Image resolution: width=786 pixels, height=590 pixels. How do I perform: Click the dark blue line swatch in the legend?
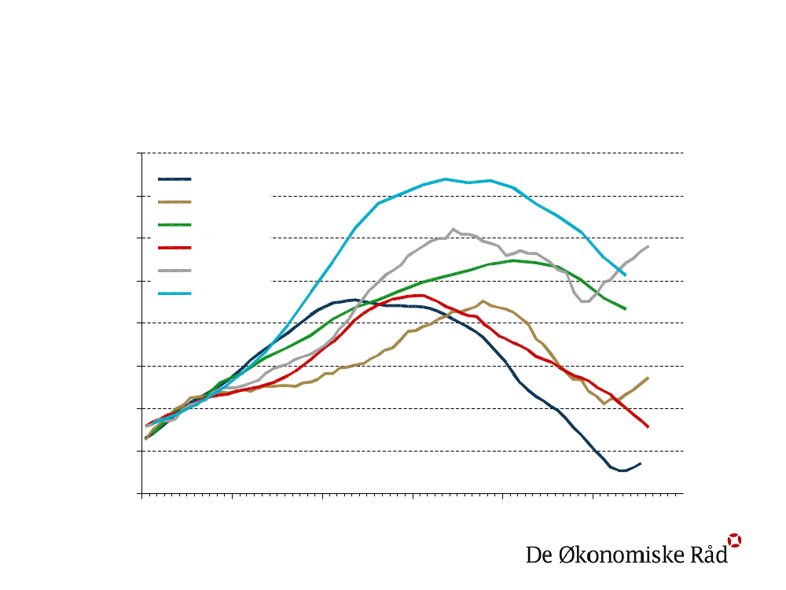pos(174,179)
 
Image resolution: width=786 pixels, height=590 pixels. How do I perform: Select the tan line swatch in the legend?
pos(174,201)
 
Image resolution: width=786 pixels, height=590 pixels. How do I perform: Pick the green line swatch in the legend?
pos(174,224)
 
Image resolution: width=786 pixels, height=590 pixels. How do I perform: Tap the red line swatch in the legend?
pos(174,247)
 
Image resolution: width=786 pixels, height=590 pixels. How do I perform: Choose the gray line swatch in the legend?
pos(174,270)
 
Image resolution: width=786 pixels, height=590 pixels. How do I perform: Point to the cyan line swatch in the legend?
pos(174,293)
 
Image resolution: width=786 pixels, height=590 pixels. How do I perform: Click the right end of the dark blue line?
pos(641,463)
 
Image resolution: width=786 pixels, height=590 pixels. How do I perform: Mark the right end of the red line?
pos(648,427)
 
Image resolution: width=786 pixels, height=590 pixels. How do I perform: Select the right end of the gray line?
pos(648,246)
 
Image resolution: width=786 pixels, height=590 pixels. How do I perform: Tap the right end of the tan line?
pos(648,378)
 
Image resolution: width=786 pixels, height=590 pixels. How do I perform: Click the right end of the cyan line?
pos(625,274)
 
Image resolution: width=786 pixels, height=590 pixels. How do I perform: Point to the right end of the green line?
pos(625,309)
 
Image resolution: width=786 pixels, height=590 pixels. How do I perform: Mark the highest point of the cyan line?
pos(446,179)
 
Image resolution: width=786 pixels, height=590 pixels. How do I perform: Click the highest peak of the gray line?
pos(454,229)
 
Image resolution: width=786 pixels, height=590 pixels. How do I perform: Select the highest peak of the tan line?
pos(483,301)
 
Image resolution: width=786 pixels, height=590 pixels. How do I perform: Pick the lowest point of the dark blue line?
pos(622,471)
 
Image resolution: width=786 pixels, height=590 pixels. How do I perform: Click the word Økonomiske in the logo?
pos(612,555)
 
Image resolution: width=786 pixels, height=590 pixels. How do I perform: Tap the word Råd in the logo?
pos(708,554)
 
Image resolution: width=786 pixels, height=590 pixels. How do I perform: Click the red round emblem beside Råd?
pos(734,540)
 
